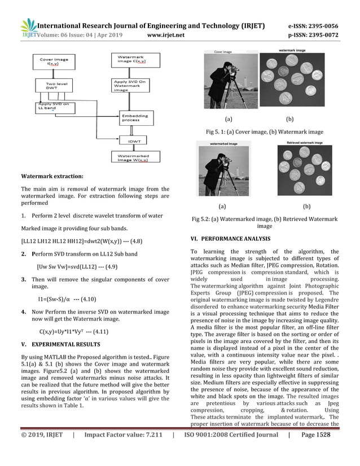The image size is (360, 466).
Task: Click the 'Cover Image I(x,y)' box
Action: pyautogui.click(x=54, y=62)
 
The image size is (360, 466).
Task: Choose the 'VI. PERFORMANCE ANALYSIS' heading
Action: pyautogui.click(x=230, y=239)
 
